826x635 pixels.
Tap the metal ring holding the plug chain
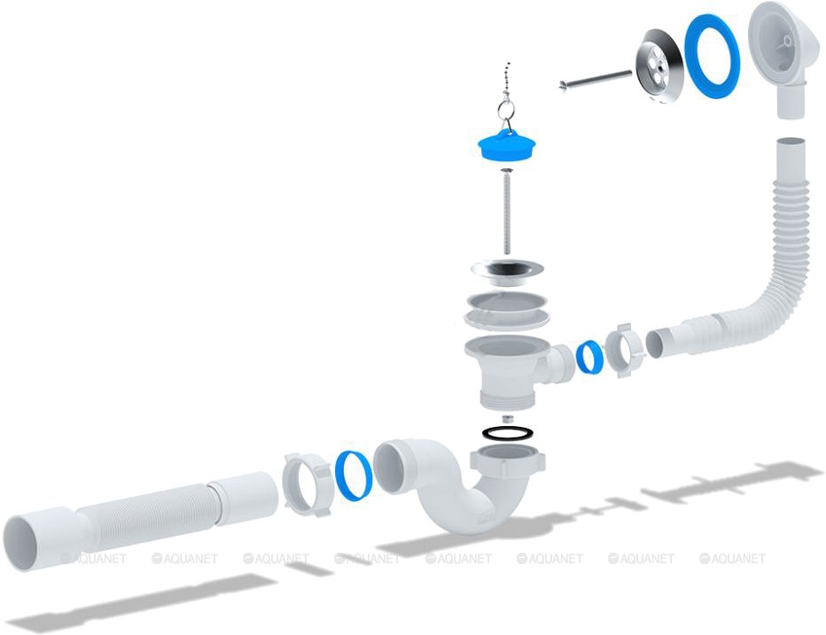pos(506,111)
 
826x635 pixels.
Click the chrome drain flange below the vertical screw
pos(507,271)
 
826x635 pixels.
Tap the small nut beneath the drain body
pos(507,420)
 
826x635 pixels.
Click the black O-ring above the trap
pos(507,433)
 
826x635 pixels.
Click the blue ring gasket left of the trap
pos(354,476)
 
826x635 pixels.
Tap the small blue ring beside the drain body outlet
pos(589,357)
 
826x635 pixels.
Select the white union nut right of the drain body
pos(625,351)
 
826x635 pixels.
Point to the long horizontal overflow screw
pos(596,80)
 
